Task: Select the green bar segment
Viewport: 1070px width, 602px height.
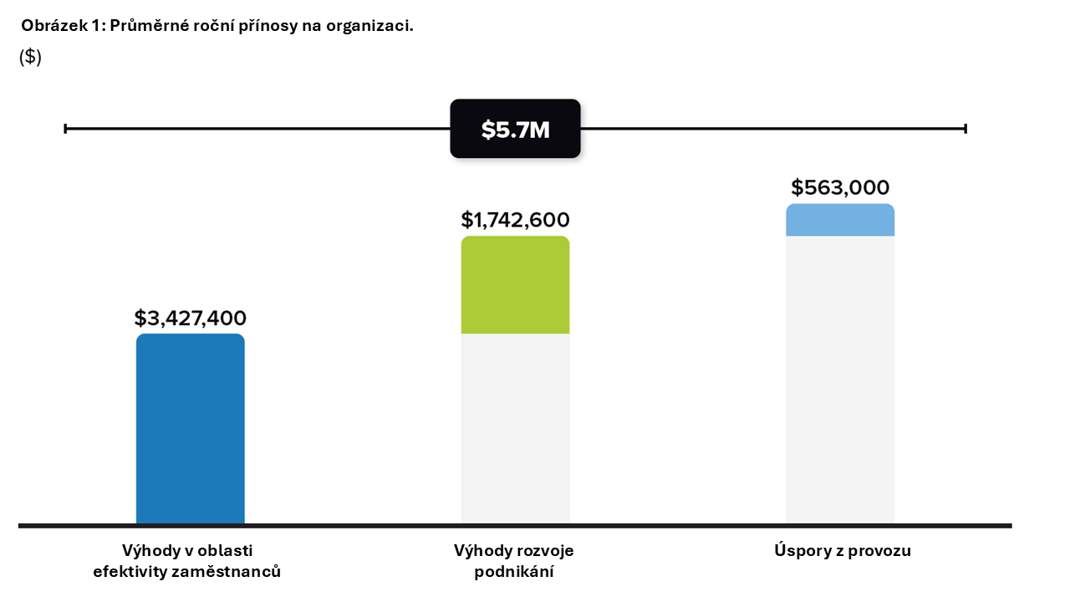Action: (x=515, y=285)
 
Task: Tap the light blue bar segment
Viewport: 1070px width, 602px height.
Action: (x=839, y=220)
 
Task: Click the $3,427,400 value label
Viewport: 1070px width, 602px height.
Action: (x=191, y=319)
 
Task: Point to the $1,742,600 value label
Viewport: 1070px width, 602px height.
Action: (x=515, y=220)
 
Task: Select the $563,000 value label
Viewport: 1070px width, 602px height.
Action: (x=840, y=187)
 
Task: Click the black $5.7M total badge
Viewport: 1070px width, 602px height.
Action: (x=515, y=129)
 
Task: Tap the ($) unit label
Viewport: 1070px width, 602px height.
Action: (x=30, y=57)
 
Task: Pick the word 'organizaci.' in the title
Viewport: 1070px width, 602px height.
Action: (x=374, y=26)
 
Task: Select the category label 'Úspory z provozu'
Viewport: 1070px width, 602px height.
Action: (x=842, y=551)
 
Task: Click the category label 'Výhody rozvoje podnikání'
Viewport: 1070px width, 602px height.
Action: (x=514, y=561)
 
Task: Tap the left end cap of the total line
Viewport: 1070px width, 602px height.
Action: (x=65, y=129)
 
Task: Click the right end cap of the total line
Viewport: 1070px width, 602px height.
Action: (x=966, y=129)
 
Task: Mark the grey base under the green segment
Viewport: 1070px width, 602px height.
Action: (x=515, y=428)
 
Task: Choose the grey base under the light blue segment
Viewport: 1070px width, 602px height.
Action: (x=839, y=380)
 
